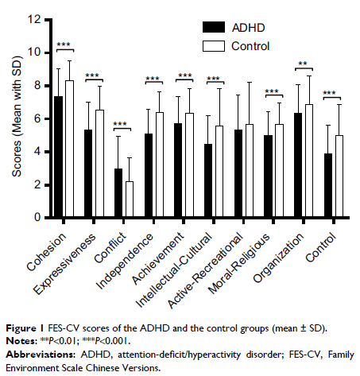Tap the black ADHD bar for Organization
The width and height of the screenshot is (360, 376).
pos(298,165)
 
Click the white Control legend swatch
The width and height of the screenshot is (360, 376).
pos(213,46)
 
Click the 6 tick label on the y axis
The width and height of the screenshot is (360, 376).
pos(36,118)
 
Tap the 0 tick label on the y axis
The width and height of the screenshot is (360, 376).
pos(36,217)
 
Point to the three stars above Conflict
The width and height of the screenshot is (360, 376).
pos(120,124)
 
